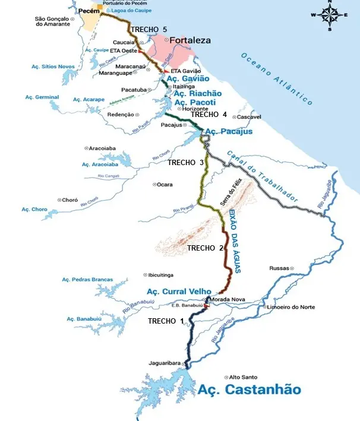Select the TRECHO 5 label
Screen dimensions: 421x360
[149, 30]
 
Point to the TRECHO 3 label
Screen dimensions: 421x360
[185, 162]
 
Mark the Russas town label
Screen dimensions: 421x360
[278, 268]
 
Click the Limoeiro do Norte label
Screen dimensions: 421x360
[291, 307]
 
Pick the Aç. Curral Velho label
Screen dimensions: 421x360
[179, 291]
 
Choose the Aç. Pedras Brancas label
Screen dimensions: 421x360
[87, 279]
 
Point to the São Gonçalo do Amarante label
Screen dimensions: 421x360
[52, 21]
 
